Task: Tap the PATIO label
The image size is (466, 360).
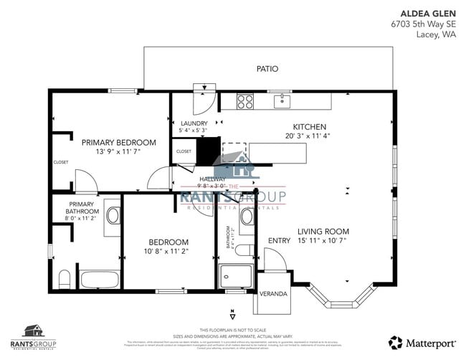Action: pos(267,69)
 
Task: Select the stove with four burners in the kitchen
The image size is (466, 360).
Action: pos(245,101)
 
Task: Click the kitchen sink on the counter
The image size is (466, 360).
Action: pos(284,100)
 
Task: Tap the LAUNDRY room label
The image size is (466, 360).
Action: pos(194,123)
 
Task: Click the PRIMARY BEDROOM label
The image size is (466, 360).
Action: pos(118,142)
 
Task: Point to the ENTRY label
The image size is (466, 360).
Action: pos(279,241)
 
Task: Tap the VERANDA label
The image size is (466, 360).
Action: pos(273,294)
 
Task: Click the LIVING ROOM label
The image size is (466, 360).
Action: pos(323,232)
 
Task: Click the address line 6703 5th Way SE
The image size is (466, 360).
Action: pos(424,24)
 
